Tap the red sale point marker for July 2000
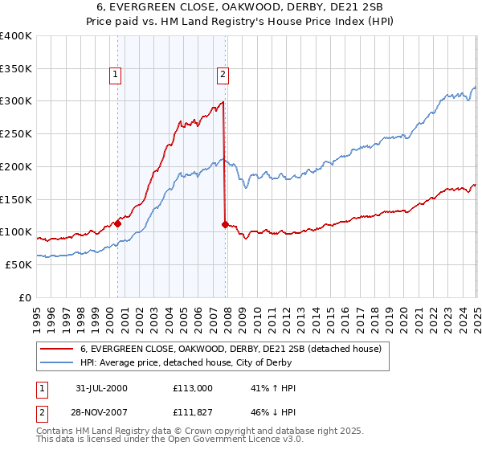pyautogui.click(x=117, y=224)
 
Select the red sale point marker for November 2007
pyautogui.click(x=225, y=225)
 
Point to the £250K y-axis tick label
pyautogui.click(x=16, y=134)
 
